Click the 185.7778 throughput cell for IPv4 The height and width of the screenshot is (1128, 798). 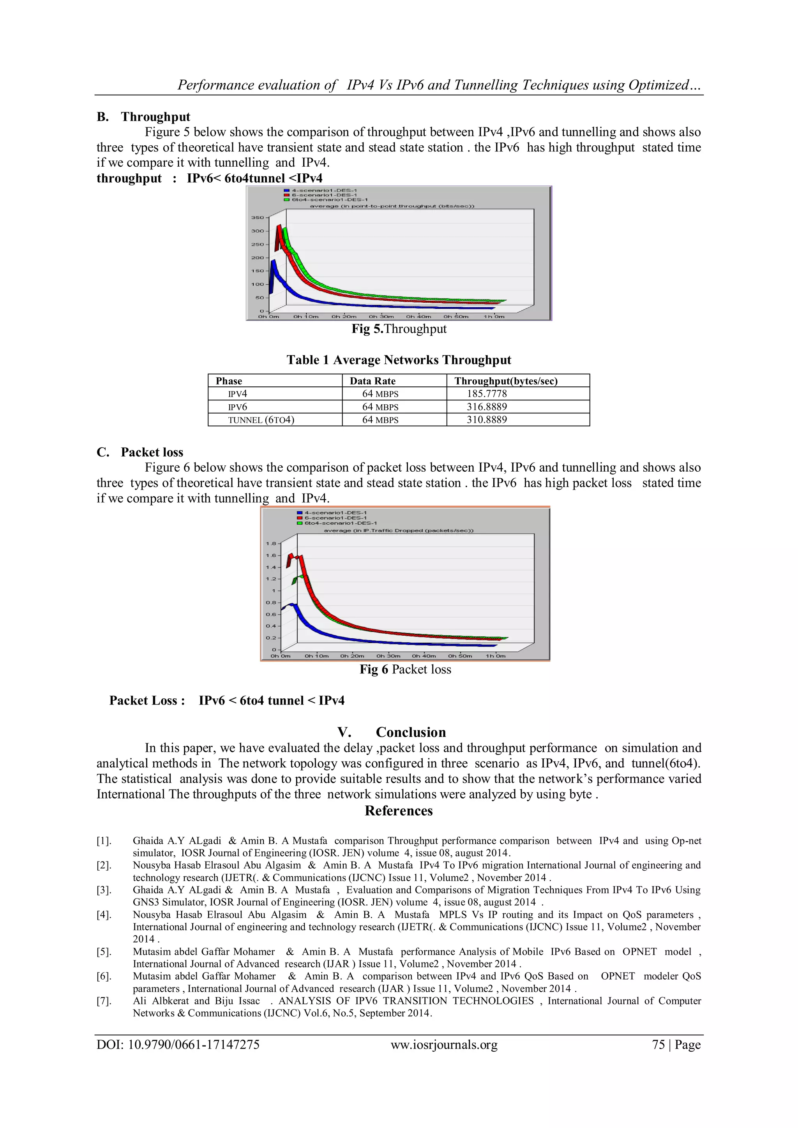point(486,393)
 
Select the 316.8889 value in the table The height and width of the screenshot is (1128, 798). point(486,407)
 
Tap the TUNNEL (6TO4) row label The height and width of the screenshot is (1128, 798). point(261,420)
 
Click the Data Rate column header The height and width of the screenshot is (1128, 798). point(373,381)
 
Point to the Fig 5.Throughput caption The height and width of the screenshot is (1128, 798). point(399,329)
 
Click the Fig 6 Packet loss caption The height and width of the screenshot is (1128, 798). point(405,669)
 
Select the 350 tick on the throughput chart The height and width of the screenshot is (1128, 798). point(258,217)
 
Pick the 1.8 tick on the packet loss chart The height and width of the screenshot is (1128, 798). point(271,543)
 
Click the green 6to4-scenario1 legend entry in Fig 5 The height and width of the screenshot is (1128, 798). point(329,200)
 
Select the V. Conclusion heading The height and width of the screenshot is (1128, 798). point(392,732)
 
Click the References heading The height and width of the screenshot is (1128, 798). point(399,811)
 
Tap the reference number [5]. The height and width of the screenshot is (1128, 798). point(104,952)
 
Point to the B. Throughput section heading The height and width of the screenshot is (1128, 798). point(143,116)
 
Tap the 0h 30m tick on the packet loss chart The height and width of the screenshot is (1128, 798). point(388,656)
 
